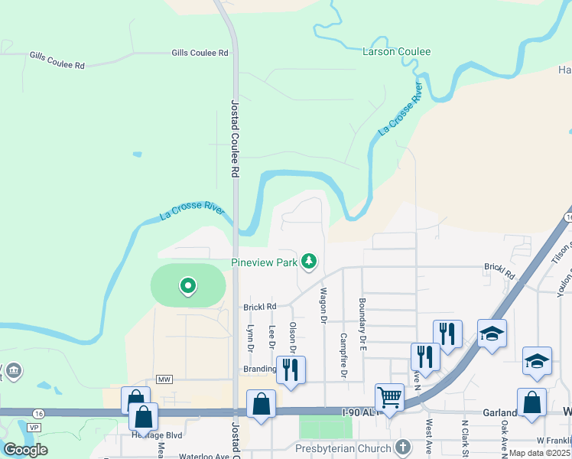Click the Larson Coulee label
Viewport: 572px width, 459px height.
tap(396, 52)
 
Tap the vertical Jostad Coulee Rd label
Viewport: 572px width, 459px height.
tap(236, 138)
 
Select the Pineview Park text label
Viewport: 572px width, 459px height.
tap(265, 262)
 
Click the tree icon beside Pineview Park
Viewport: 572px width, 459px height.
tap(309, 262)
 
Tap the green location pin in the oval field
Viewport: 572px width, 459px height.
tap(187, 287)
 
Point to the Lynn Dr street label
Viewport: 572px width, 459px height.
tap(250, 337)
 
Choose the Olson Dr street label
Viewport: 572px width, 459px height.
tap(292, 337)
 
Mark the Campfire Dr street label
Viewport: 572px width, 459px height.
tap(344, 356)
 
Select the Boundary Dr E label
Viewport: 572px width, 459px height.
tap(362, 320)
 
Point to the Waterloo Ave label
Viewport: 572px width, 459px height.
tap(205, 457)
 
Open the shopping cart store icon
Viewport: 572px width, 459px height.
tap(390, 398)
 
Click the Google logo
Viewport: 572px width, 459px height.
tap(25, 450)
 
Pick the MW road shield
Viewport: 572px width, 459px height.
tap(164, 379)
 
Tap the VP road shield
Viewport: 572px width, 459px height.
tap(33, 427)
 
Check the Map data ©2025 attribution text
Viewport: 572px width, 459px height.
tap(540, 453)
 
